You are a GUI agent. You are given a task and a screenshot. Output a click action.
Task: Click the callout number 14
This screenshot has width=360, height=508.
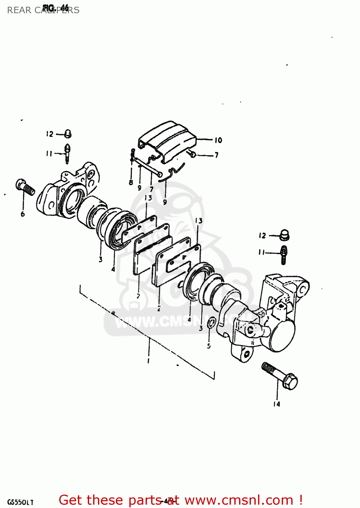[x=277, y=404]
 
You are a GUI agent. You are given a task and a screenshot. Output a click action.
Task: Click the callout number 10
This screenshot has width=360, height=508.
[x=218, y=140]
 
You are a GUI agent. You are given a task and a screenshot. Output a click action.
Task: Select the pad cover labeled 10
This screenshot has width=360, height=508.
[x=167, y=141]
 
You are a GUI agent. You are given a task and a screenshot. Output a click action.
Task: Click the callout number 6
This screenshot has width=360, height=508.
[x=23, y=214]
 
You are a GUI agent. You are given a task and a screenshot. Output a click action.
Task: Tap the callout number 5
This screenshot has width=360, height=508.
[x=209, y=346]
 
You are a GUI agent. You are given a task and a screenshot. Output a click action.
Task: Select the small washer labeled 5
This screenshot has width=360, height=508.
[x=210, y=323]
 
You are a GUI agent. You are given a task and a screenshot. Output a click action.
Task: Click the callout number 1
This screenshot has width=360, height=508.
[x=148, y=361]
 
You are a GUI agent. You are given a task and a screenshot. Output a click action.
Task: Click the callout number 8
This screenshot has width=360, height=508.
[x=131, y=183]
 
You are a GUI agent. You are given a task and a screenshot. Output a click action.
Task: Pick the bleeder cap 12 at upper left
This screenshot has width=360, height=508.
[x=68, y=134]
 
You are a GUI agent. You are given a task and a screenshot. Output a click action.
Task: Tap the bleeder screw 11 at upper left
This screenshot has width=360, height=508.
[x=67, y=153]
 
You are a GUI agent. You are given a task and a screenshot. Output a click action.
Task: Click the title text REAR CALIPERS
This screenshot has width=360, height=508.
[x=43, y=10]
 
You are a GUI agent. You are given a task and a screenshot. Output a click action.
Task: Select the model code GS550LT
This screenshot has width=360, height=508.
[x=20, y=502]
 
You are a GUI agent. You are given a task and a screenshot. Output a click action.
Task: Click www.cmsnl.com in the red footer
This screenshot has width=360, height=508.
[x=239, y=500]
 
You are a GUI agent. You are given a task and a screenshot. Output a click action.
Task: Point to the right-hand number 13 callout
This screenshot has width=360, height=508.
[x=198, y=221]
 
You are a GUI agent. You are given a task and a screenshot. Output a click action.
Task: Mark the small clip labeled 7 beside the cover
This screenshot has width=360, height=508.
[x=192, y=154]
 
